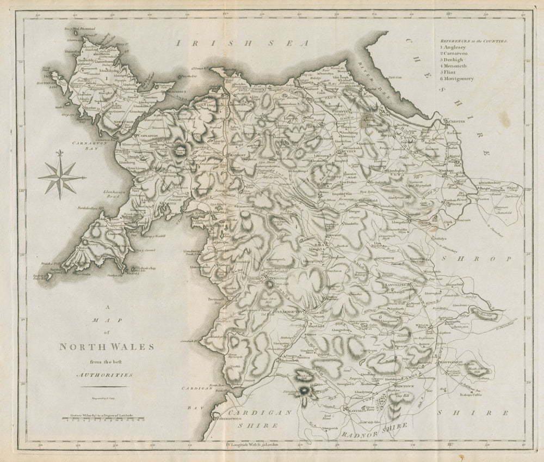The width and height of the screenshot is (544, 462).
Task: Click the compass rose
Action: tap(60, 178)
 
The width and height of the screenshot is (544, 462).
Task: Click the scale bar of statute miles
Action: tap(103, 420)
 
